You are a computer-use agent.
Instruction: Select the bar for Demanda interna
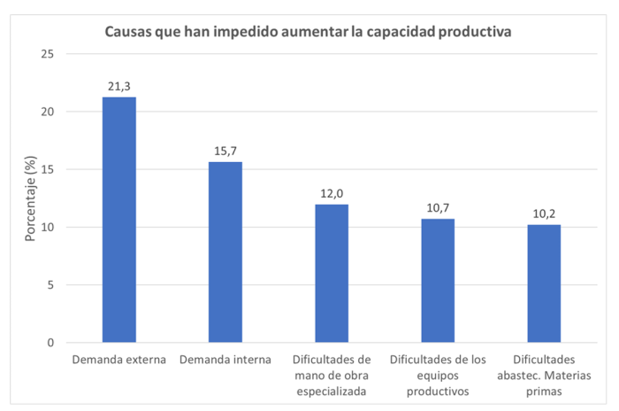(x=225, y=252)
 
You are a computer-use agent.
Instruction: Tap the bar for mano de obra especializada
(x=332, y=274)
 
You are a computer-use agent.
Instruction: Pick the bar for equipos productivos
(x=437, y=281)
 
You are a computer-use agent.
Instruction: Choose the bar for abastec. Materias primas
(x=543, y=283)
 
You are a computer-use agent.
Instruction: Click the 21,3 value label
(x=119, y=86)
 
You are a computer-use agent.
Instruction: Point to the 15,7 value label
(x=225, y=151)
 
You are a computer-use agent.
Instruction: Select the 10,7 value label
(x=437, y=208)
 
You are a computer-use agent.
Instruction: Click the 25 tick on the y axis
(x=48, y=54)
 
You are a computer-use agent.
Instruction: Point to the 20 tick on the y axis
(x=48, y=112)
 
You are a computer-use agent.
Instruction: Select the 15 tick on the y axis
(x=48, y=169)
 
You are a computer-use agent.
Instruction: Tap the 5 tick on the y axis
(x=51, y=285)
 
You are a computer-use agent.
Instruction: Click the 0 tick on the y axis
(x=51, y=343)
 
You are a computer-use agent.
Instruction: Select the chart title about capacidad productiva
(x=309, y=31)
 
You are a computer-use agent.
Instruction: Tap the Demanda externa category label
(x=119, y=360)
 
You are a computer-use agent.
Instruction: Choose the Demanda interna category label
(x=225, y=360)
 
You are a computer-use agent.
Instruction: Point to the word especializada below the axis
(x=332, y=391)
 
